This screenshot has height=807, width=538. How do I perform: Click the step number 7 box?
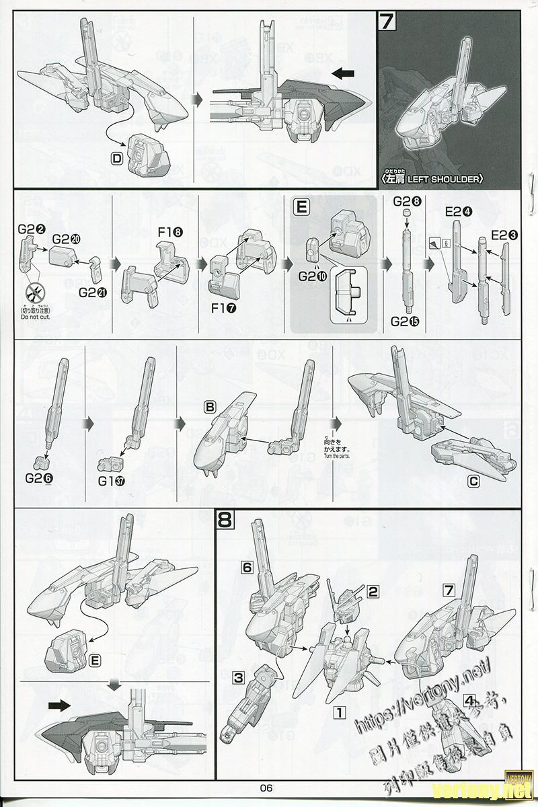[387, 22]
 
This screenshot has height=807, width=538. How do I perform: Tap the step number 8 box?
[225, 520]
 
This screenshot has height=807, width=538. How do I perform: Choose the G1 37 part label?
[112, 482]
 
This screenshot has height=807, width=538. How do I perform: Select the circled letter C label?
[473, 481]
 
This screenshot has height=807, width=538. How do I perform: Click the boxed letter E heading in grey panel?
[301, 208]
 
